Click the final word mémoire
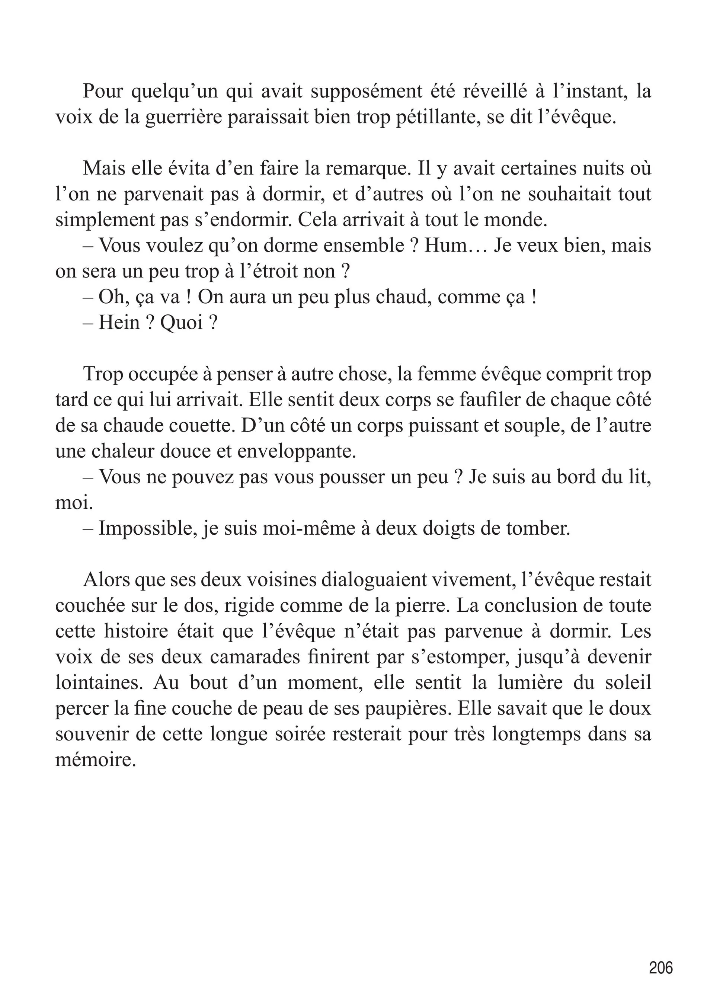click(x=95, y=760)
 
